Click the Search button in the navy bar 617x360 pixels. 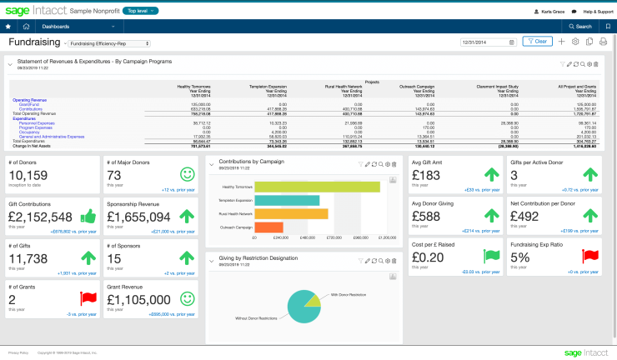580,27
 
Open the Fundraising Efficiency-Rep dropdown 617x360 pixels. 110,42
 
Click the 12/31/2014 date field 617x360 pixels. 487,42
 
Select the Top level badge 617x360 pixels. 144,10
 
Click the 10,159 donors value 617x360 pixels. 33,175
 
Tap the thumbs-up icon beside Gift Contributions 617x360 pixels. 88,217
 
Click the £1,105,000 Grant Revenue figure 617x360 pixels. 143,299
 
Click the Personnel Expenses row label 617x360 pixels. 38,122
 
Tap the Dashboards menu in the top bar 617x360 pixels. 57,27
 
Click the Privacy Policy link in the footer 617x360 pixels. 18,352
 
